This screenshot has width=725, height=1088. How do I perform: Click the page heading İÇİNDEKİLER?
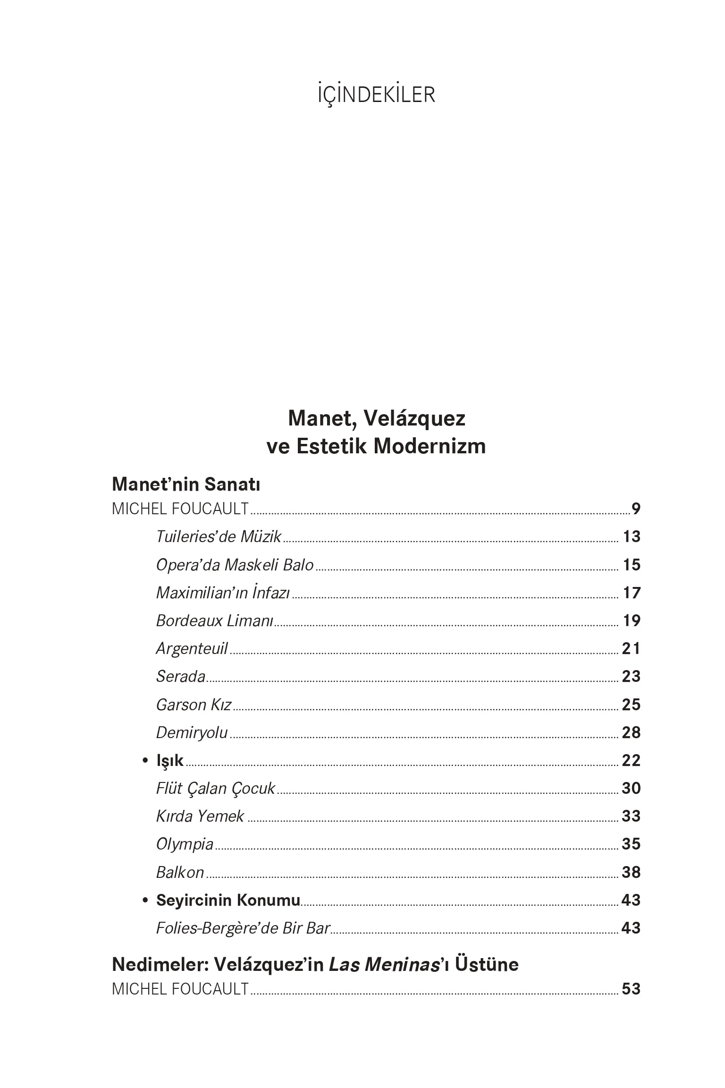(x=376, y=95)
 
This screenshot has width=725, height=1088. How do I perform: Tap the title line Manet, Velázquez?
(x=376, y=418)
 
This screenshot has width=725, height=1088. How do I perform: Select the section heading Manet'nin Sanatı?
(x=186, y=484)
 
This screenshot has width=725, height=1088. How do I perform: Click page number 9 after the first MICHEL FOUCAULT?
(x=636, y=509)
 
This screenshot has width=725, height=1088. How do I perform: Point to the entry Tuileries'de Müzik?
(x=219, y=537)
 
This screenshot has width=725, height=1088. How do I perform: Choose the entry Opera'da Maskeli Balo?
(x=235, y=565)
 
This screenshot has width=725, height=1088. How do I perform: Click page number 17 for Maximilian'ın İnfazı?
(x=631, y=593)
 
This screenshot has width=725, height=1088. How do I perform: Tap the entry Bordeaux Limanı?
(x=215, y=620)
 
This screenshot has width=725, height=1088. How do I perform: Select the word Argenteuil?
(x=192, y=649)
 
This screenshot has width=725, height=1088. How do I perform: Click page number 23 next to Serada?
(x=631, y=677)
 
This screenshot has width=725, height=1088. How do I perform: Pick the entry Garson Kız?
(x=194, y=705)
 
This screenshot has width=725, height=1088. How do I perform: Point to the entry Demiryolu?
(x=192, y=733)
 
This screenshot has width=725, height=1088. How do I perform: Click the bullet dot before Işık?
(x=146, y=761)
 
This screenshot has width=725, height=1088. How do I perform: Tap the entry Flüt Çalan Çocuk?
(x=215, y=789)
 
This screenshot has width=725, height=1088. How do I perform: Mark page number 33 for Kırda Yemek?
(x=631, y=816)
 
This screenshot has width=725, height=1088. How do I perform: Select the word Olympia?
(x=185, y=844)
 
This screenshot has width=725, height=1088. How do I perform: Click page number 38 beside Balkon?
(x=631, y=872)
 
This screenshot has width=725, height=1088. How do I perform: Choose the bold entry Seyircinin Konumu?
(x=228, y=900)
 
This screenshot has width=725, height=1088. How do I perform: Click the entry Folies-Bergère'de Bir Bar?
(x=243, y=928)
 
